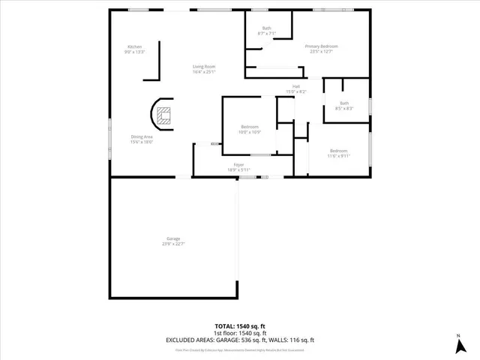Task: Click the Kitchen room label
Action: [135, 47]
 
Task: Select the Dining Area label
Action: [142, 136]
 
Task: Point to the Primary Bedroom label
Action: [321, 46]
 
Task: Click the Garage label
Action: [173, 239]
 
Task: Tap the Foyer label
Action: [239, 164]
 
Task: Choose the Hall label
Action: [296, 87]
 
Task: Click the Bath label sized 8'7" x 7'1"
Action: [267, 29]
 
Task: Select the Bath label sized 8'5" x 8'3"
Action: [344, 103]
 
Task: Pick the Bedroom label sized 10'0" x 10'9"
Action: [250, 127]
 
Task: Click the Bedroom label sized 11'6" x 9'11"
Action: [338, 151]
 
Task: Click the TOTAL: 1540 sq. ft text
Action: [240, 327]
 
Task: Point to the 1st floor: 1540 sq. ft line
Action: [240, 333]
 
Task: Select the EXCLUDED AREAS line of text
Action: [240, 339]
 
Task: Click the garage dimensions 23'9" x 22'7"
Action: [173, 244]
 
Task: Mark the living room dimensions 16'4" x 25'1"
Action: [204, 72]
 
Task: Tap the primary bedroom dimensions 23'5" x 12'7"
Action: [321, 51]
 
